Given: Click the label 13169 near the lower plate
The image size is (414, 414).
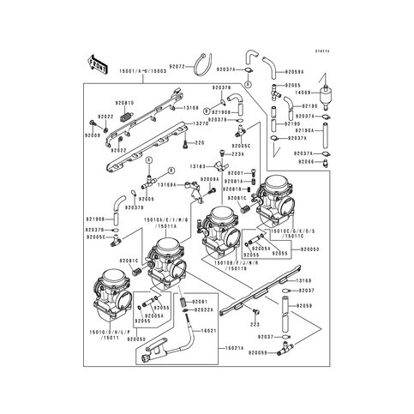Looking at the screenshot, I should (x=303, y=280).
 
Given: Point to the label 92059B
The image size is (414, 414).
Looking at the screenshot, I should (x=303, y=352).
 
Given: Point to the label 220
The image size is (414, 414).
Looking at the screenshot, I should (x=201, y=142).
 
